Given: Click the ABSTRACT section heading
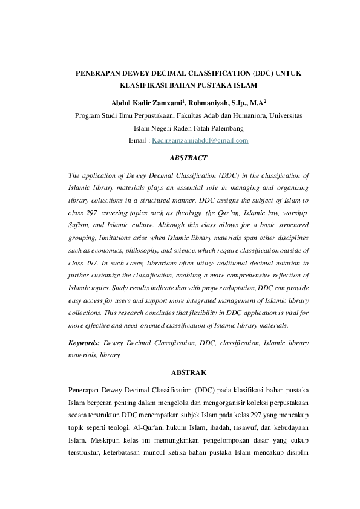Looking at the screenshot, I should point(189,158).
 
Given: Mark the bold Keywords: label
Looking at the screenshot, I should point(84,343).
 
